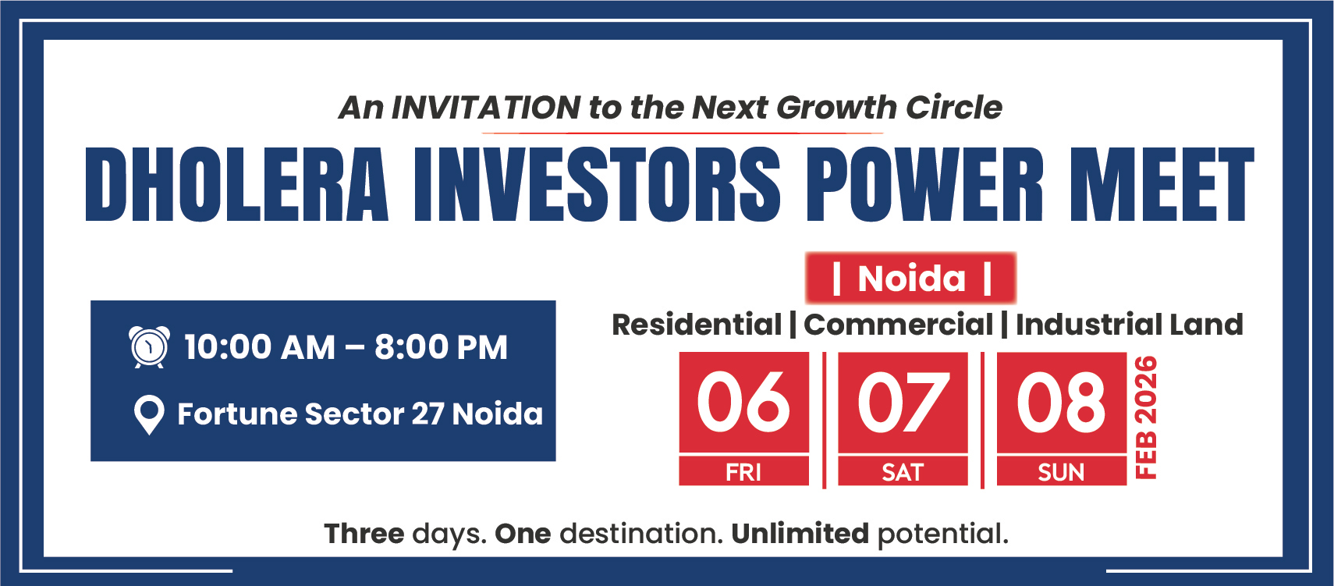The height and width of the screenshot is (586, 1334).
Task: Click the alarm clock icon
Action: coord(149,346)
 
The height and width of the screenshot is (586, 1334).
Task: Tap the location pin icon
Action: coord(149,415)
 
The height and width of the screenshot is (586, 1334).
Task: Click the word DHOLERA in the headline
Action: coord(237,185)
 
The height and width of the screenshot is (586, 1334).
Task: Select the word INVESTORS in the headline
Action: coord(597,185)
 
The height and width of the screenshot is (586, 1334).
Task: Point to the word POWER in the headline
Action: coord(925,185)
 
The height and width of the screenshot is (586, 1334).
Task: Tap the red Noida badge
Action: coord(910,278)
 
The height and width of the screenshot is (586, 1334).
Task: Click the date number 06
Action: coord(743,402)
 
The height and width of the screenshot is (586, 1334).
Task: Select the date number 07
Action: coord(903,402)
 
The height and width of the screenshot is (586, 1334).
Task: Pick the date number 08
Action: coord(1061,402)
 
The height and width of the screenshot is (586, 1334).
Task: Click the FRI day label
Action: coord(743,472)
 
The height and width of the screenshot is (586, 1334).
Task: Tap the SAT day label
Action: coord(903,472)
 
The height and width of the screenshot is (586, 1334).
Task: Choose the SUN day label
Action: coord(1061,472)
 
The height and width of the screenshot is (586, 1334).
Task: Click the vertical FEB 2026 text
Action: coord(1147,417)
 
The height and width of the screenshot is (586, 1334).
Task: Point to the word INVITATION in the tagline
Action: coord(486,108)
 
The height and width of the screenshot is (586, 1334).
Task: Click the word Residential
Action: coord(697,325)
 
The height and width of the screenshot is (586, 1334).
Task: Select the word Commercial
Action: coord(898,325)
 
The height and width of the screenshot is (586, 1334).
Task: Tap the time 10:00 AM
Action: coord(260,347)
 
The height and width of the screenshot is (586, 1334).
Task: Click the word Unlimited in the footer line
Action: coord(800,534)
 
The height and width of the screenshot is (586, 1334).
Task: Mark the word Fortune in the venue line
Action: coord(238,414)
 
